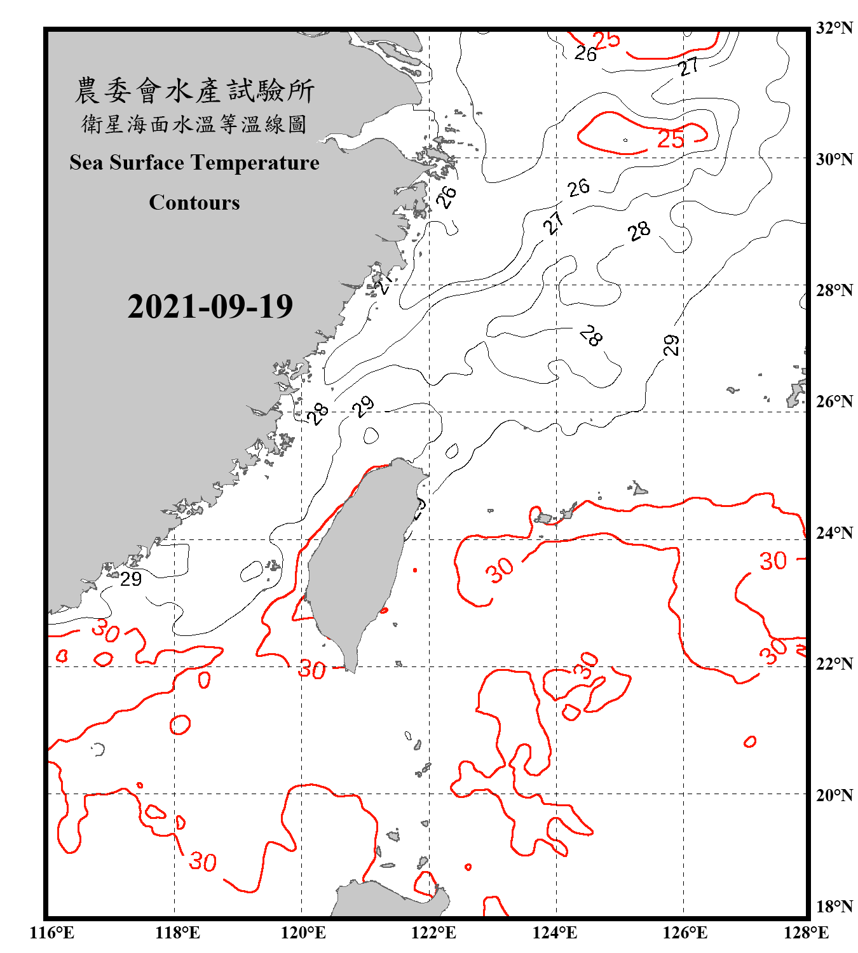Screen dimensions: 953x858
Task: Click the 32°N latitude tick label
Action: point(834,28)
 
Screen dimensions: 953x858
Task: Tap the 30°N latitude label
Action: point(834,159)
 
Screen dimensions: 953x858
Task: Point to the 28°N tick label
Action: point(834,290)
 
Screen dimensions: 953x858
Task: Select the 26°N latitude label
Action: point(834,402)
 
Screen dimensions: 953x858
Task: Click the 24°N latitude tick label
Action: point(834,532)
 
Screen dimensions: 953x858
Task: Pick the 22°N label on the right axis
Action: point(834,664)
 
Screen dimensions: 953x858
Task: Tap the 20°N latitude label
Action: point(834,795)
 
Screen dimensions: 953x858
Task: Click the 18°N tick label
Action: point(834,907)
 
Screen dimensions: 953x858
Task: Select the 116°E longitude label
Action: point(52,933)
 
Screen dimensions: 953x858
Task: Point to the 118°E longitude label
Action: point(177,933)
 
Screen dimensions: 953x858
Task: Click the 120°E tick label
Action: point(303,933)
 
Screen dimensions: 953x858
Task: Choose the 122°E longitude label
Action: point(433,933)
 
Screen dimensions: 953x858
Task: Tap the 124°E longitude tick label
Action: point(555,933)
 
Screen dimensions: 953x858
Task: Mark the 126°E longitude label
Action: point(684,933)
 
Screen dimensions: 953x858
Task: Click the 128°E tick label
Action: point(806,933)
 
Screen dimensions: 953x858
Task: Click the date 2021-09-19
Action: point(210,307)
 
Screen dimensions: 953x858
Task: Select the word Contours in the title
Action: point(194,203)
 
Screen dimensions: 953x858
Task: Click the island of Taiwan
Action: point(356,559)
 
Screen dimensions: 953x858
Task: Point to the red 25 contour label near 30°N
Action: point(671,139)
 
